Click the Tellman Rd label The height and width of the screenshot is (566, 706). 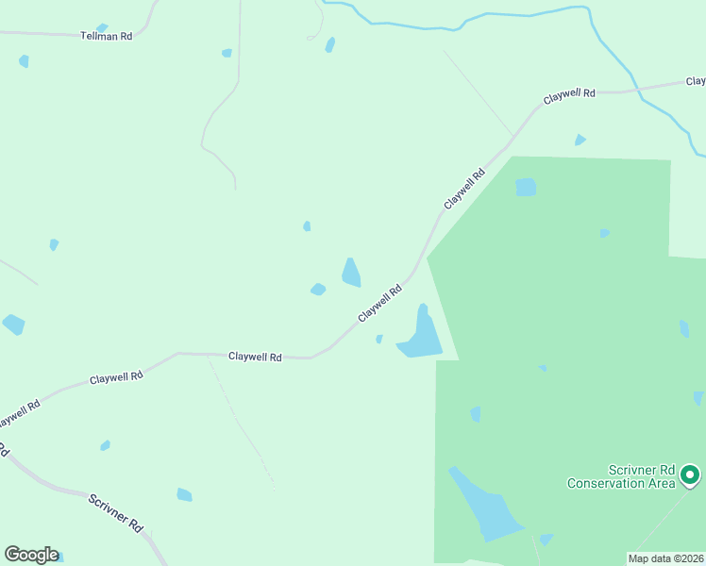point(106,35)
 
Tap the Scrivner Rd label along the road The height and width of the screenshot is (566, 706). point(115,510)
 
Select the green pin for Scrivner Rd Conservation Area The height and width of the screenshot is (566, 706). point(690,474)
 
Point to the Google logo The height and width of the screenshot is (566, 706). point(31,555)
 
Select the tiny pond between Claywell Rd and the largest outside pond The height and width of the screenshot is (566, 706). point(378,339)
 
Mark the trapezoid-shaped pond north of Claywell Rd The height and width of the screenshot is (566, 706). point(351,273)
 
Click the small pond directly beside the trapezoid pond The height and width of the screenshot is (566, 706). point(318,289)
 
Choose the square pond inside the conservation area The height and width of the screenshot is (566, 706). point(526,187)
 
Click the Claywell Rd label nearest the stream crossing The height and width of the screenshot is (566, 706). point(569,95)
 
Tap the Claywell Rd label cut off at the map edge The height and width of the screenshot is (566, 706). point(19,412)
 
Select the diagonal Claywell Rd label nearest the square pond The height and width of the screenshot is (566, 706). point(464,189)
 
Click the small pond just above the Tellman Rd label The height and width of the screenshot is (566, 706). point(102,27)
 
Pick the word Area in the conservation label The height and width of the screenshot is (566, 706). point(662,483)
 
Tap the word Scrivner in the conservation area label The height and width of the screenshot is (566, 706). point(627,470)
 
